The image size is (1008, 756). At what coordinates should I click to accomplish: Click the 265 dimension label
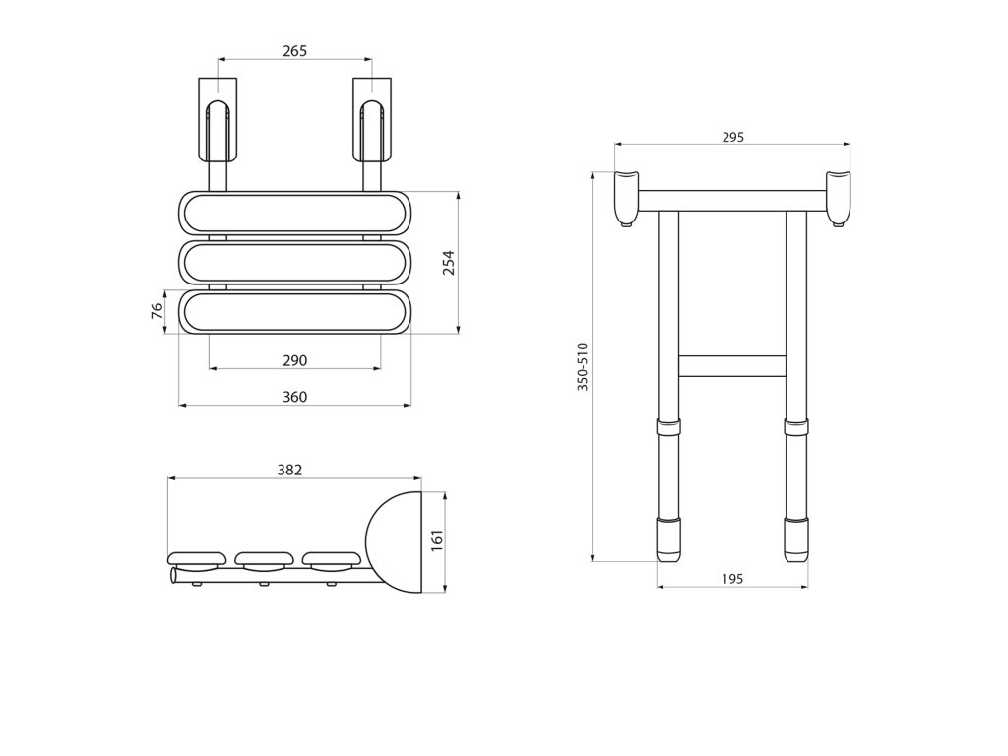(294, 51)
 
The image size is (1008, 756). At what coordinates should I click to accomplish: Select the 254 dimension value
(448, 263)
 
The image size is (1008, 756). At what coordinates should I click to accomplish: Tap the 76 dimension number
(157, 311)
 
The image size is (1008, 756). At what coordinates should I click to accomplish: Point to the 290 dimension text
(295, 361)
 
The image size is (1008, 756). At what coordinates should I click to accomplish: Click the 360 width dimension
(295, 397)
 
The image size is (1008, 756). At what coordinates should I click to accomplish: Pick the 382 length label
(289, 471)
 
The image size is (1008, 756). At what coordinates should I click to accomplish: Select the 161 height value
(438, 540)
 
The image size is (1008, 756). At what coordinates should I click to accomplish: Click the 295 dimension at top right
(732, 138)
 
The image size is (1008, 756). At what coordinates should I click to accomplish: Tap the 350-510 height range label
(582, 367)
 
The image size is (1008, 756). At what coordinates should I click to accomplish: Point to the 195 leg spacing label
(731, 579)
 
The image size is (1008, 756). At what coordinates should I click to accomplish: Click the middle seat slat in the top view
(294, 262)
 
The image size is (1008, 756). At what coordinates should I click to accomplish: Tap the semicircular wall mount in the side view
(396, 542)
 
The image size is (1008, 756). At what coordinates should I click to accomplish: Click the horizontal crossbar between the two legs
(731, 365)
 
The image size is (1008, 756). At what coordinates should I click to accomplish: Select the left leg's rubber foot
(668, 537)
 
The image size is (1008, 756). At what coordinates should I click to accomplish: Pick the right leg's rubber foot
(795, 537)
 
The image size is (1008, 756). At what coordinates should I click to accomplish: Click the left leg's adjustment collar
(668, 428)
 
